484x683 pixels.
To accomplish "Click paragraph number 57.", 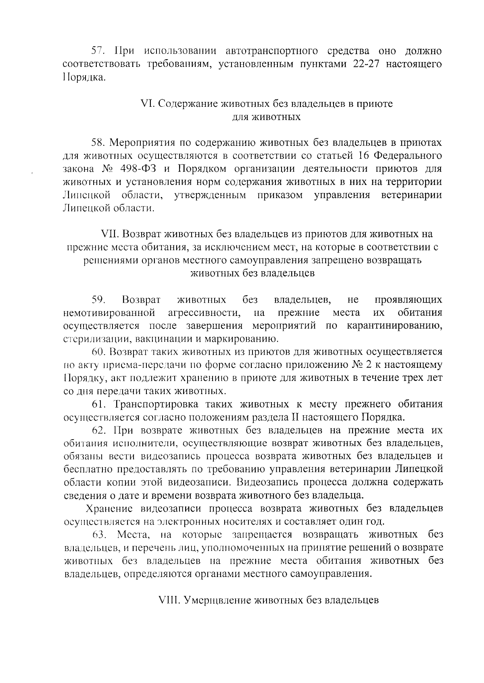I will [x=98, y=51].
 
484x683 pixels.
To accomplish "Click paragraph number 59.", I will [x=99, y=300].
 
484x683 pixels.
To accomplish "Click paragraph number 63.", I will [x=100, y=535].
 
